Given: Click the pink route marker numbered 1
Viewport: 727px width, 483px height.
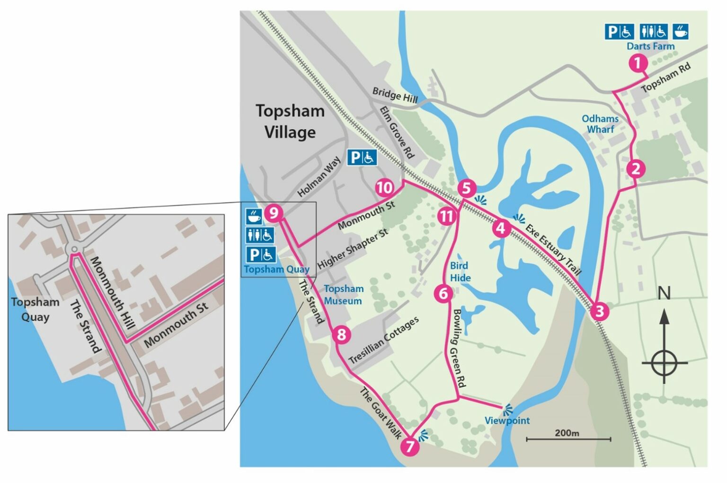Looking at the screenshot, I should tap(638, 63).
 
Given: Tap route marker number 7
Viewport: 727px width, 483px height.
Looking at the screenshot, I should tap(410, 446).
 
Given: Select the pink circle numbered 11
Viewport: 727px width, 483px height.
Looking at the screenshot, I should tap(446, 217).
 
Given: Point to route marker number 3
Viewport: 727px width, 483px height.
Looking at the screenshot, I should tap(600, 311).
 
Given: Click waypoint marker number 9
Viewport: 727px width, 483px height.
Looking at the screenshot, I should tap(274, 213).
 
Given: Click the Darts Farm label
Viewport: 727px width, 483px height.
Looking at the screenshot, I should tap(650, 46).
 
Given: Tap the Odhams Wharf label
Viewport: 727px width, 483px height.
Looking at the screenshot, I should tap(600, 124).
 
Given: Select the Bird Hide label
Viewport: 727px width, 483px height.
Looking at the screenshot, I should tap(460, 272).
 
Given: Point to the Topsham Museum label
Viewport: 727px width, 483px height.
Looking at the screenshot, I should tap(343, 295).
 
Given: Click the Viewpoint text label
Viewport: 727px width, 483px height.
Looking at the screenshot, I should tap(507, 421).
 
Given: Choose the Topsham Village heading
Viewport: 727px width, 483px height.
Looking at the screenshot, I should tap(290, 122).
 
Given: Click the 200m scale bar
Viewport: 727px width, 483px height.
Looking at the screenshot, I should tap(568, 439).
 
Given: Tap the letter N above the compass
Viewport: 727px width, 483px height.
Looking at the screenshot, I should tap(664, 294).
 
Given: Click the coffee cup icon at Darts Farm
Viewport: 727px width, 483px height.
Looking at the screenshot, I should tap(680, 32).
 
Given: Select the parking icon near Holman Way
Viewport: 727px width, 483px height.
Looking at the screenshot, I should tap(362, 157).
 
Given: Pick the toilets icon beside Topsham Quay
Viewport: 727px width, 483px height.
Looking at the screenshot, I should tap(260, 235).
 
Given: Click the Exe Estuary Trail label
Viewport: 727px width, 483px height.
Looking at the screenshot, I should tap(553, 250).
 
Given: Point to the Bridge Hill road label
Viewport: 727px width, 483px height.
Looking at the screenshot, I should tap(395, 95).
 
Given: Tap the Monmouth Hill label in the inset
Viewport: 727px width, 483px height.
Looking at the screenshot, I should tap(112, 293).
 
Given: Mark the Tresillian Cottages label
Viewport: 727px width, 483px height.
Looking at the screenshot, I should tap(384, 341).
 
